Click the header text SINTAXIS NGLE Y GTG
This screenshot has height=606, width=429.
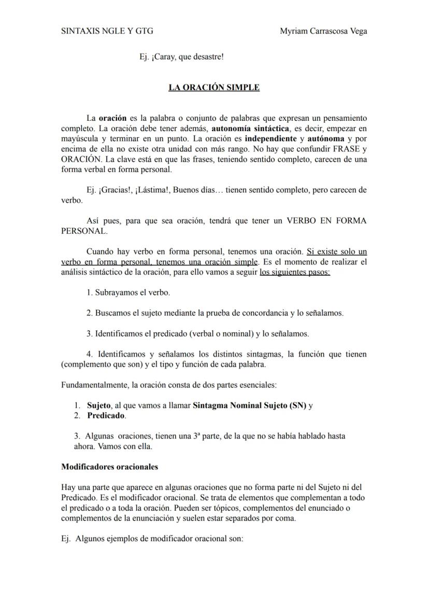pos(107,31)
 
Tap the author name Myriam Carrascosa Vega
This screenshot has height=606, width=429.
pos(323,31)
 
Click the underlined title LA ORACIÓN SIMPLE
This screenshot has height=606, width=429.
pos(214,88)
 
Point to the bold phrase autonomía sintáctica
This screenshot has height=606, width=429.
pos(250,129)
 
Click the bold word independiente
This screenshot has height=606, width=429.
pos(271,139)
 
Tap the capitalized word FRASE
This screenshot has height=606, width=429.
pos(341,149)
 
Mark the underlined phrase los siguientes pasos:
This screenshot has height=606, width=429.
pos(295,272)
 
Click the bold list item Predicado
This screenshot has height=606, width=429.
pos(106,416)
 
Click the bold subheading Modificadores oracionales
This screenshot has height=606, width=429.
pos(109,467)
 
